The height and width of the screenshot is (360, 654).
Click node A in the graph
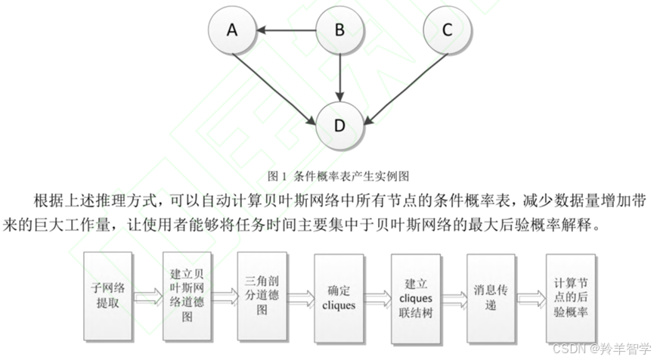click(232, 30)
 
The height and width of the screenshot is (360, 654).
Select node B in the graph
click(339, 30)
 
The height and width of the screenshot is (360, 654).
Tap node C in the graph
click(447, 30)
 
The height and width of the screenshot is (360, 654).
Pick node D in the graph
click(339, 125)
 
